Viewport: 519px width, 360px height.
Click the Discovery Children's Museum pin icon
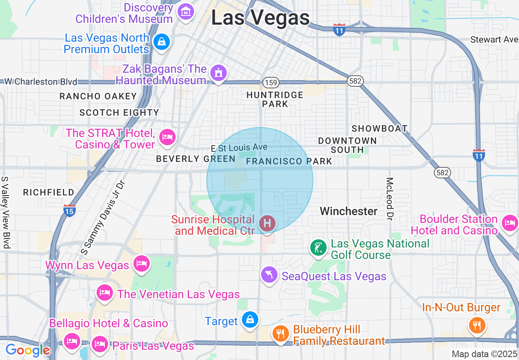click(186, 12)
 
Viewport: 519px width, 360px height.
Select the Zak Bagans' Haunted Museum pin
click(218, 73)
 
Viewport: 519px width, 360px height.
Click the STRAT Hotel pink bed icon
click(167, 137)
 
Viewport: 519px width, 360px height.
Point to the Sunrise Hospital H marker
click(267, 224)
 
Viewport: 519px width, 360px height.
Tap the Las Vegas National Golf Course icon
click(318, 248)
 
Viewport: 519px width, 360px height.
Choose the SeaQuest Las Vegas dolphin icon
click(269, 274)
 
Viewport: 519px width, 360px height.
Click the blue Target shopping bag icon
click(249, 319)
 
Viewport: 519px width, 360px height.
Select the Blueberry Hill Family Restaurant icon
click(280, 333)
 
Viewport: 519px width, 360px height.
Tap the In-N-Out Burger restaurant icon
click(476, 325)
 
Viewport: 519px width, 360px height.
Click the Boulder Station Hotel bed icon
click(510, 223)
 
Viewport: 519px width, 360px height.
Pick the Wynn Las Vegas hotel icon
click(142, 264)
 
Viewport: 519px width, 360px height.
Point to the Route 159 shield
click(271, 83)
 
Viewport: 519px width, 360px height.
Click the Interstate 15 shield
click(69, 211)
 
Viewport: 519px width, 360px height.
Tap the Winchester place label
click(348, 211)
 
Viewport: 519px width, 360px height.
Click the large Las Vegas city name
click(260, 18)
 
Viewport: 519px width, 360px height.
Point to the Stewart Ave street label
click(494, 40)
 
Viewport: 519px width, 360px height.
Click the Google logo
click(27, 350)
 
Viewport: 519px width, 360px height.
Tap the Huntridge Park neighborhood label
click(275, 99)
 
